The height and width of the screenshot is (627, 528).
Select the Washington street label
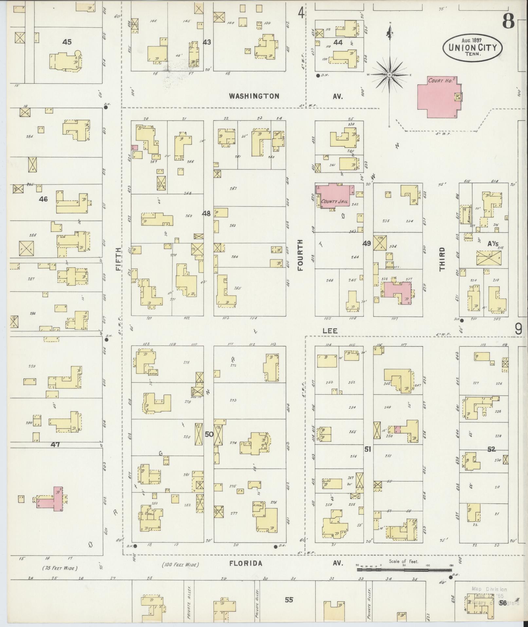click(254, 96)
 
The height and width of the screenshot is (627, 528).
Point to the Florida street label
click(246, 563)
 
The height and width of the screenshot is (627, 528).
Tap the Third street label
click(442, 259)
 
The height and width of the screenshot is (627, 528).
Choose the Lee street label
click(330, 331)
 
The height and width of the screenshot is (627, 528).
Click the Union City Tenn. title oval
click(472, 48)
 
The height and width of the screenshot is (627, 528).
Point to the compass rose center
click(390, 75)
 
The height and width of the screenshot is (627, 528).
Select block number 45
click(67, 42)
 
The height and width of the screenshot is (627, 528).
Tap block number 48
click(206, 214)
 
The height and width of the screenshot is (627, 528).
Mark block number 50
click(209, 434)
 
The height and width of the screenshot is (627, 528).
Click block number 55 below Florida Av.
click(288, 600)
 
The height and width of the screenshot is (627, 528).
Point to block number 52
click(491, 449)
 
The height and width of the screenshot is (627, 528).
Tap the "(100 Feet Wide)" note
click(180, 565)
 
